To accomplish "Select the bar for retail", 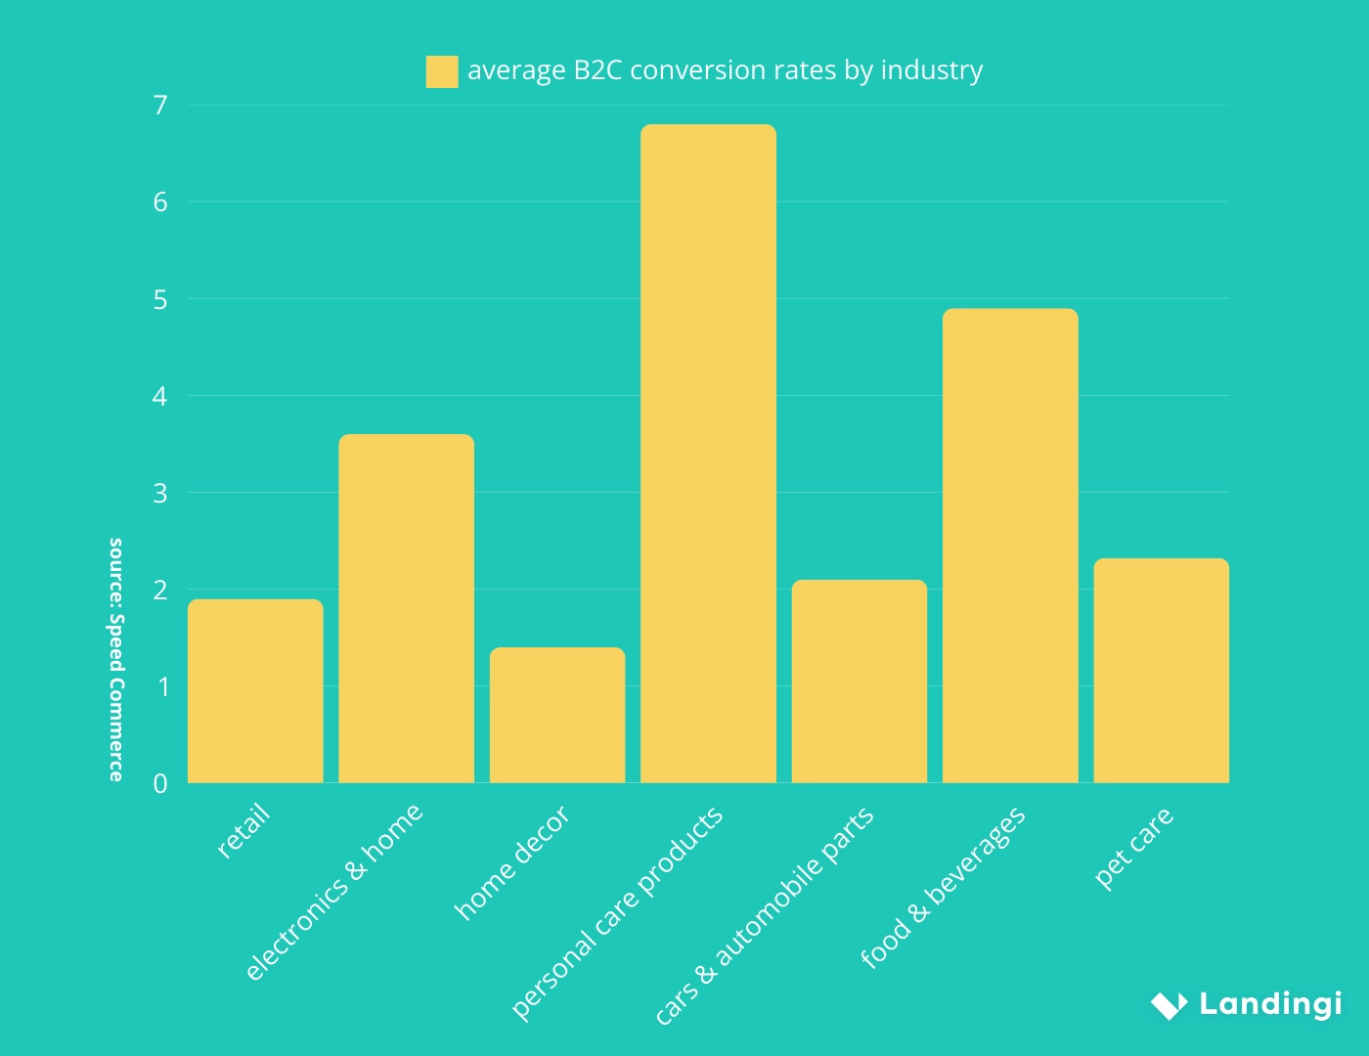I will [255, 691].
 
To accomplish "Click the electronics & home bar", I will [406, 608].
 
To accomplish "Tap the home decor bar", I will [557, 715].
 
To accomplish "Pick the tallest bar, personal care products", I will [708, 454].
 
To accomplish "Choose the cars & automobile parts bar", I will [860, 682].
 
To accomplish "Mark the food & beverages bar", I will [1010, 546].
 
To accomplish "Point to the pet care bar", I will [1161, 671].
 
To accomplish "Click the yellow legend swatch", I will [442, 71].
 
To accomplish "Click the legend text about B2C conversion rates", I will [725, 70].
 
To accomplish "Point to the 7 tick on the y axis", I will [160, 106].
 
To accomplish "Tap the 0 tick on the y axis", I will [160, 783].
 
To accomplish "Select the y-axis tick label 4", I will [160, 396].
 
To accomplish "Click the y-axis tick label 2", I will [160, 590].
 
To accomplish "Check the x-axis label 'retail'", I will [243, 832].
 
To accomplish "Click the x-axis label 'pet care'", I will [1134, 848].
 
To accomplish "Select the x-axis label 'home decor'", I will [512, 863].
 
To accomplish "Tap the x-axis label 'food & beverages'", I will [944, 887].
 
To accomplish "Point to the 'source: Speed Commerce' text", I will [116, 659].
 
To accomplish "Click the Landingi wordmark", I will [1270, 1004].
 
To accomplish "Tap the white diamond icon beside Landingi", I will [1169, 1004].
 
